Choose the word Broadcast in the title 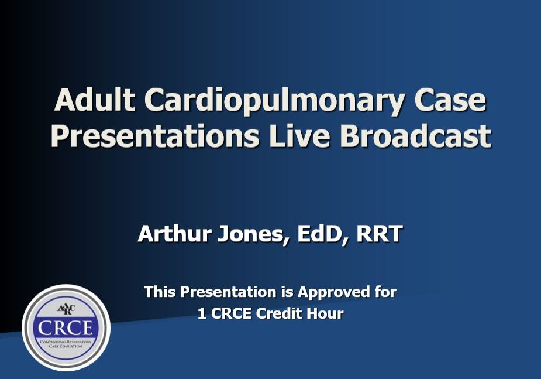point(416,135)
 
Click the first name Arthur point(174,234)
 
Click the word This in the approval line point(159,292)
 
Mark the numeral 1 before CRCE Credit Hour point(202,314)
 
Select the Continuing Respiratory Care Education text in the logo point(66,343)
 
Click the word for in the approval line point(384,292)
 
